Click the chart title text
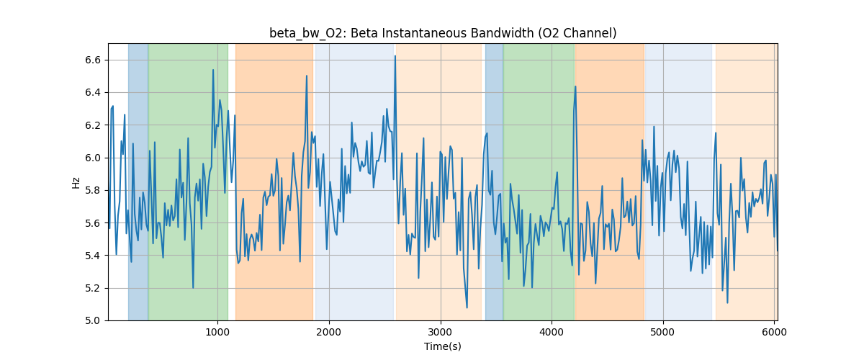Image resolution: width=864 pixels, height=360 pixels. click(x=443, y=33)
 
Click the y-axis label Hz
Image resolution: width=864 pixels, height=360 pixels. click(x=76, y=182)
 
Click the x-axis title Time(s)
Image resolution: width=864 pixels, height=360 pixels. click(x=443, y=346)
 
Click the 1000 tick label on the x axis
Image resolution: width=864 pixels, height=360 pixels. click(x=217, y=332)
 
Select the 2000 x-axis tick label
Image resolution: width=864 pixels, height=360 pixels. click(x=329, y=332)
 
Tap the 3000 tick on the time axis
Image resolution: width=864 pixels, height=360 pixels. click(x=440, y=332)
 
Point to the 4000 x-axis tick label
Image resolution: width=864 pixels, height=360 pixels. click(x=552, y=332)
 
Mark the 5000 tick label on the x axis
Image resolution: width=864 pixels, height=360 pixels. click(x=663, y=332)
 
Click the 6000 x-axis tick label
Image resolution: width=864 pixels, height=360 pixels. click(x=774, y=332)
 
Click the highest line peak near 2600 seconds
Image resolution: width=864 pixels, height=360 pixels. click(x=395, y=56)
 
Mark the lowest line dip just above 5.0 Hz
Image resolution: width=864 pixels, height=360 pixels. click(x=467, y=307)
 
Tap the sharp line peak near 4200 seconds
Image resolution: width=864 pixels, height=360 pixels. click(x=575, y=86)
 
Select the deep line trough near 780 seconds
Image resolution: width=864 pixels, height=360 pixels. click(x=193, y=287)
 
